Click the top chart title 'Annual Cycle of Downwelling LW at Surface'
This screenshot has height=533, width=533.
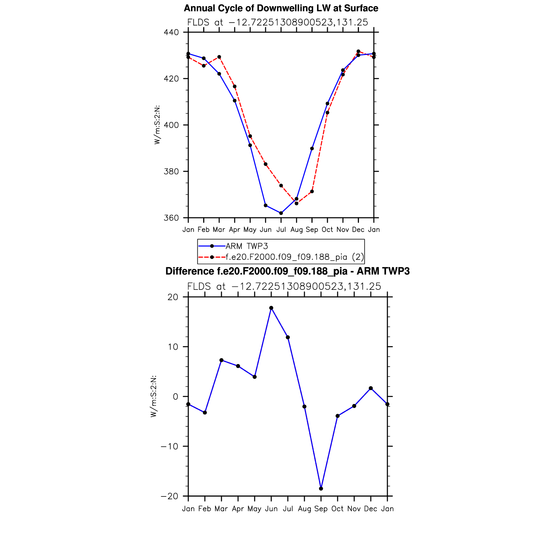click(281, 8)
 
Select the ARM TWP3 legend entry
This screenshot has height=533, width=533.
click(247, 246)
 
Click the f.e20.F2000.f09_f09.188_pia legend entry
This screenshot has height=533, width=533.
click(286, 257)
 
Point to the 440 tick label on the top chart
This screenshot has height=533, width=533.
click(171, 33)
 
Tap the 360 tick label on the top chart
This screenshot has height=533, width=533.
click(171, 218)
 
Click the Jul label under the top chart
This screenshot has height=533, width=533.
click(281, 230)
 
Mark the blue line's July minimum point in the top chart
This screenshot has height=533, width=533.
click(281, 213)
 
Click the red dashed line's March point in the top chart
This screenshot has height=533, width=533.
click(219, 57)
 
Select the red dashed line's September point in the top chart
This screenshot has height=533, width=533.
click(312, 192)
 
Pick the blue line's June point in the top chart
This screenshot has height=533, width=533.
click(265, 206)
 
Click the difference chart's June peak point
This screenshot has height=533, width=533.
click(271, 308)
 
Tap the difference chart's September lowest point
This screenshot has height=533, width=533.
click(321, 489)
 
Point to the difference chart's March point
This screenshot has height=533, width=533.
click(221, 360)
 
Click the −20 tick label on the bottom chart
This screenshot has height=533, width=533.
click(169, 496)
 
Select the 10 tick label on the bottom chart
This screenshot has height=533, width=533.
click(173, 347)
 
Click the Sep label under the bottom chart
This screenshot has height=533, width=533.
click(321, 509)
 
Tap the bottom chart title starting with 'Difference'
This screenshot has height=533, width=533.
click(287, 272)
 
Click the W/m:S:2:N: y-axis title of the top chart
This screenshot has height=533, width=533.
click(157, 125)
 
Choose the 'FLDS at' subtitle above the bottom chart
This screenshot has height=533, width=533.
click(284, 287)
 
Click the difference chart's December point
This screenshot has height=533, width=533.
click(371, 388)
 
